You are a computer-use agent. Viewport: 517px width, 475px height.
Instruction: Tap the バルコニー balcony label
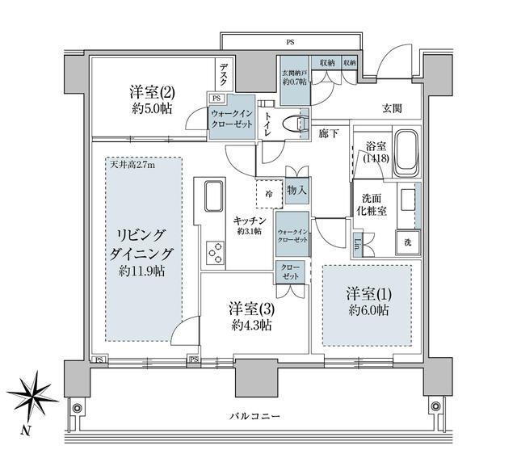[254, 417]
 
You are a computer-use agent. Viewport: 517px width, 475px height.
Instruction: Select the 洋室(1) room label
[368, 300]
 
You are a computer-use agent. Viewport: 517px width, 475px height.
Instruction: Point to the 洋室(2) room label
[148, 99]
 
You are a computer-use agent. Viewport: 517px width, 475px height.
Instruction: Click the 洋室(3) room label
[250, 316]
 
